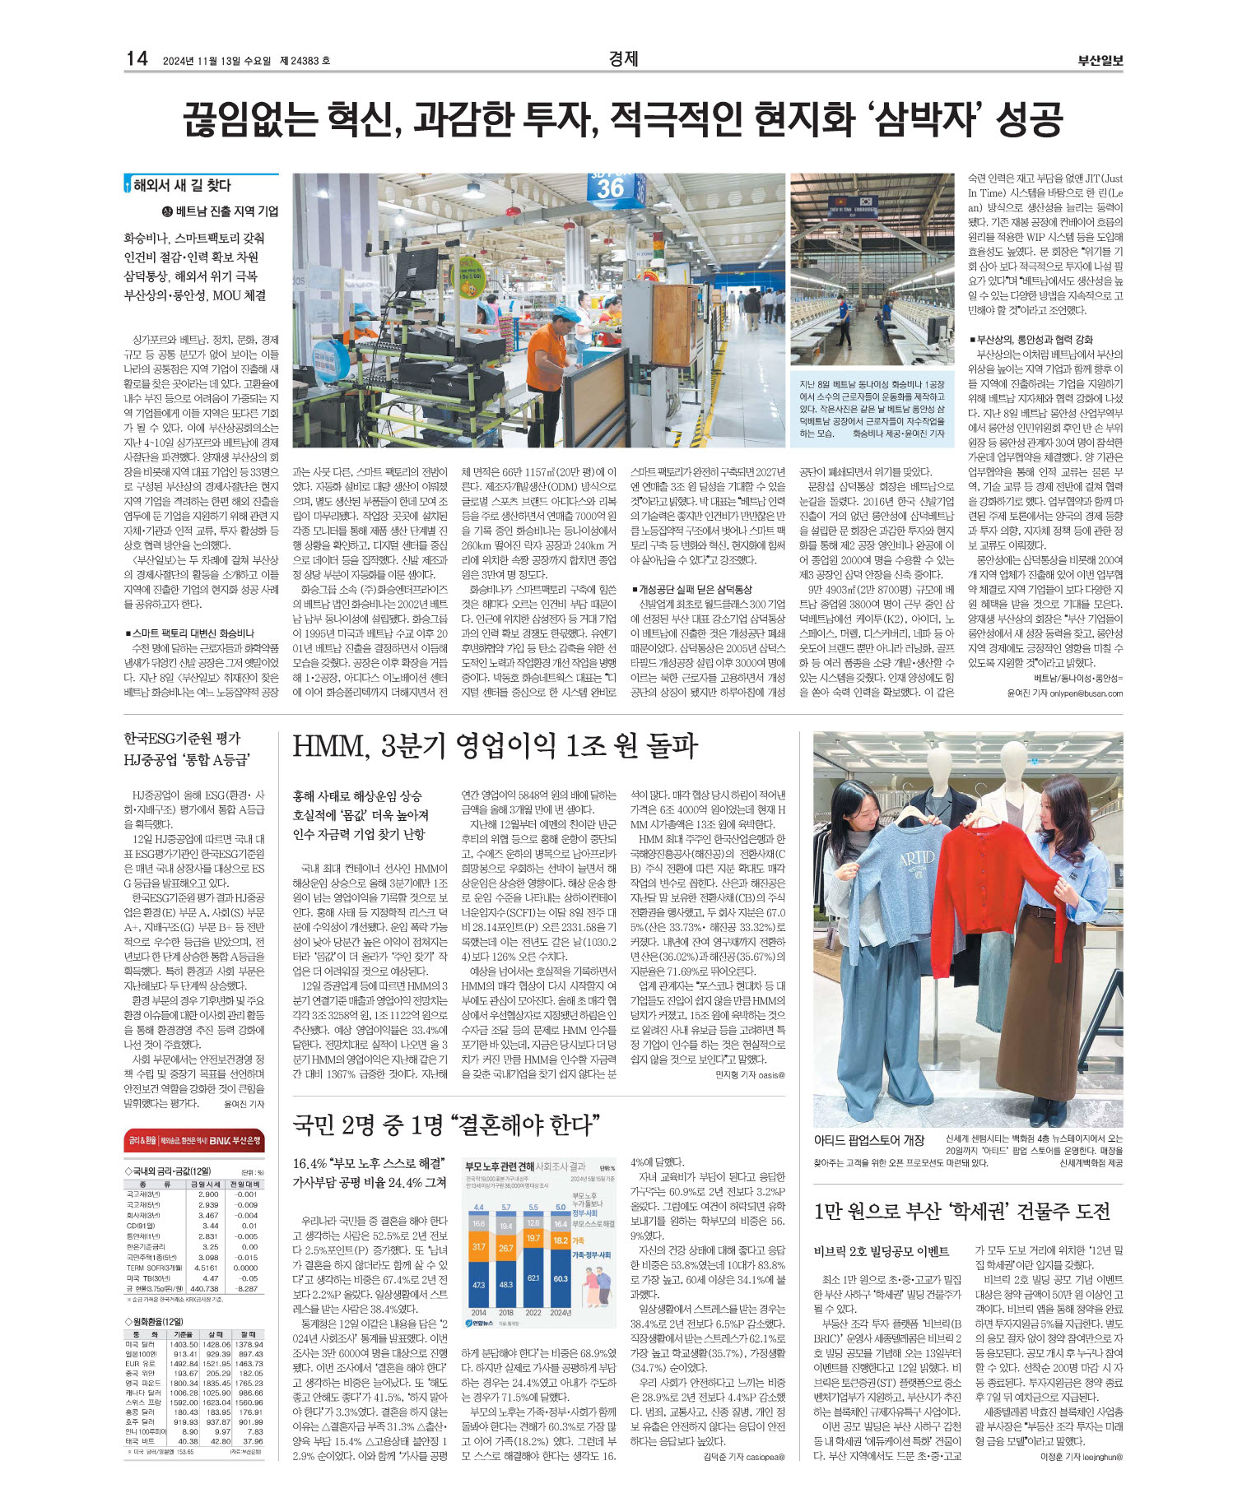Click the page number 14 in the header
(x=137, y=58)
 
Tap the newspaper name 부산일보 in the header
(x=1100, y=60)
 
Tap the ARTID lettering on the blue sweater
(x=915, y=859)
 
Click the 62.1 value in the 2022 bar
(x=533, y=1277)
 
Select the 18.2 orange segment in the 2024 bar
(x=561, y=1240)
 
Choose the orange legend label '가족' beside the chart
(x=578, y=1240)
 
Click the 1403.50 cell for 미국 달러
(x=184, y=1344)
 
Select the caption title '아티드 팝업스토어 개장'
(x=869, y=1140)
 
